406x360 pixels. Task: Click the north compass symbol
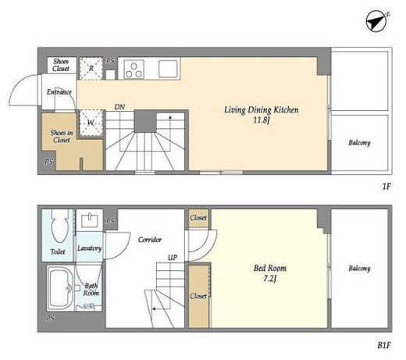[377, 21]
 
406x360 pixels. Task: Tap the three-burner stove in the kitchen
[134, 69]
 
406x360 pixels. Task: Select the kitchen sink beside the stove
[168, 69]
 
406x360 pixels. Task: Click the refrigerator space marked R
[91, 69]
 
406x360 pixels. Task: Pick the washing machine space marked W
[91, 123]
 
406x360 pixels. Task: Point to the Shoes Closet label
[61, 65]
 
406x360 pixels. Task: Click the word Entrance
[59, 92]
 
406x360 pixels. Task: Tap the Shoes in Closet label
[62, 136]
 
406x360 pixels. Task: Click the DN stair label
[119, 107]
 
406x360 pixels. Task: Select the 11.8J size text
[261, 120]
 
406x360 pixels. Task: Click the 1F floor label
[386, 187]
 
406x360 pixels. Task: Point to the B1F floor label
[384, 345]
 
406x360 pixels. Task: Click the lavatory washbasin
[90, 220]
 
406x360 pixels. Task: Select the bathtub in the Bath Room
[61, 287]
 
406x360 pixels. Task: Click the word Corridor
[150, 240]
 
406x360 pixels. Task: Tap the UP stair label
[173, 258]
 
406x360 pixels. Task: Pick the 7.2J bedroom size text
[269, 279]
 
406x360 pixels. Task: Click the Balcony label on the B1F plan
[359, 269]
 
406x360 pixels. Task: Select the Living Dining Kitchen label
[262, 110]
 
